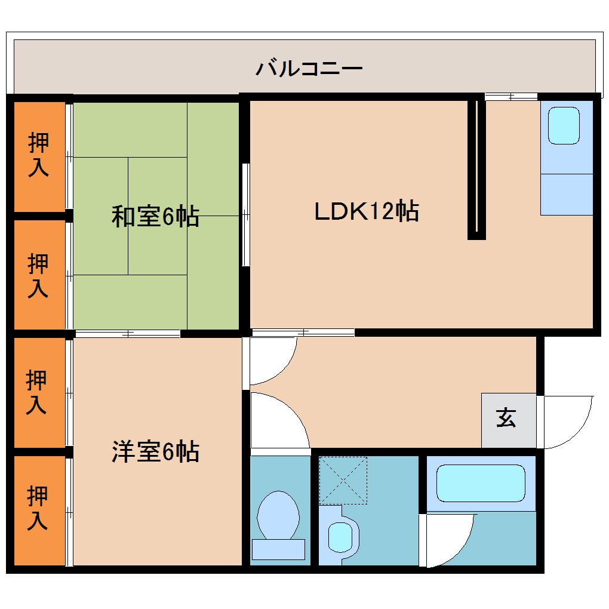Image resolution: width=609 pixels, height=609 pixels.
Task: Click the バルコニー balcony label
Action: (309, 68)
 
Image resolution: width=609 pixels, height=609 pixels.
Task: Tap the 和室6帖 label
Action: (155, 216)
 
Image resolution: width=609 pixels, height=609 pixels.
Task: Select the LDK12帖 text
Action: (366, 211)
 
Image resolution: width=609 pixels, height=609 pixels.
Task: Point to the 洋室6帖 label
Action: (155, 452)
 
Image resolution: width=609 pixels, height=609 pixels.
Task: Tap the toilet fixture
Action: (278, 517)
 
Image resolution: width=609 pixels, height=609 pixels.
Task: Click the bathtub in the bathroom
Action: (480, 483)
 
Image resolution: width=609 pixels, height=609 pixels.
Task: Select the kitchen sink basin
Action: (564, 125)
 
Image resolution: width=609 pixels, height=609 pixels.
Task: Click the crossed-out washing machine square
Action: (343, 479)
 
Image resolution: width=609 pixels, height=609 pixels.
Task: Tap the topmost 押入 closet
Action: (39, 155)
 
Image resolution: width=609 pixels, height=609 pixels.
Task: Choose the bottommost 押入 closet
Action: (39, 509)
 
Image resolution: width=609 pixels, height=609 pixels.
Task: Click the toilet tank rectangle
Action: (278, 549)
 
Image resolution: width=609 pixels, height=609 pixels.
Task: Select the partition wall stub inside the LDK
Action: (476, 167)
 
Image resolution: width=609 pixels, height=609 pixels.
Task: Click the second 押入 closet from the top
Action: (39, 275)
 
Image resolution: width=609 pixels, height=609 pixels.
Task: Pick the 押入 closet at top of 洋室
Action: (39, 392)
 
